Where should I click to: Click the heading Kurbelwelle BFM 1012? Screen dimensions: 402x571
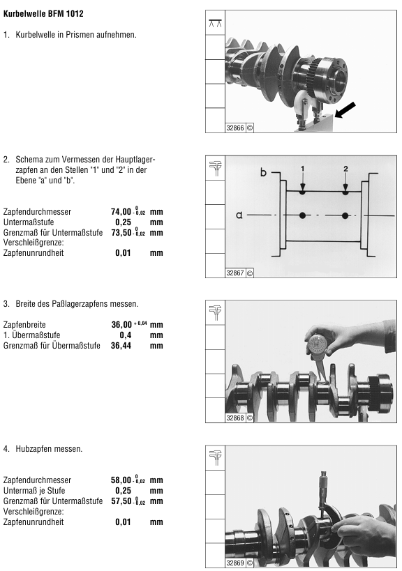pos(43,14)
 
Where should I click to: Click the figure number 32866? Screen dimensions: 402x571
pos(235,128)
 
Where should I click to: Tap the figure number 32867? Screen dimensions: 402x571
pos(235,273)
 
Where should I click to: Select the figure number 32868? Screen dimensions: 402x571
pos(235,418)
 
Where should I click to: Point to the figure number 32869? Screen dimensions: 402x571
pos(235,563)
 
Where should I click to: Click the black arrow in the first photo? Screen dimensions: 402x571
pos(345,110)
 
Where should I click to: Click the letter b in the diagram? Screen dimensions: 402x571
pos(263,173)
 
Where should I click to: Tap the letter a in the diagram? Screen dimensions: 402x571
pos(239,215)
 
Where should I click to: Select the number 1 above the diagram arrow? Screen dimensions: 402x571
pos(302,168)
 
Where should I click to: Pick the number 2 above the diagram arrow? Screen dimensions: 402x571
pos(345,168)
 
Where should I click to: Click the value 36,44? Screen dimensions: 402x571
pos(121,346)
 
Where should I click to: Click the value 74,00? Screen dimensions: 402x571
pos(121,211)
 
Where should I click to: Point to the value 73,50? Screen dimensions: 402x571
pos(121,232)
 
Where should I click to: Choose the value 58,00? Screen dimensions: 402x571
pos(121,480)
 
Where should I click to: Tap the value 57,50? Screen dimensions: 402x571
pos(121,501)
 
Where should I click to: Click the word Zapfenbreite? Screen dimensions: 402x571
pos(24,325)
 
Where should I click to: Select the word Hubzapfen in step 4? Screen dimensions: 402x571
pos(31,450)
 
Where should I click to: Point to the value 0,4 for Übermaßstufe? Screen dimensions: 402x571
pos(126,335)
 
